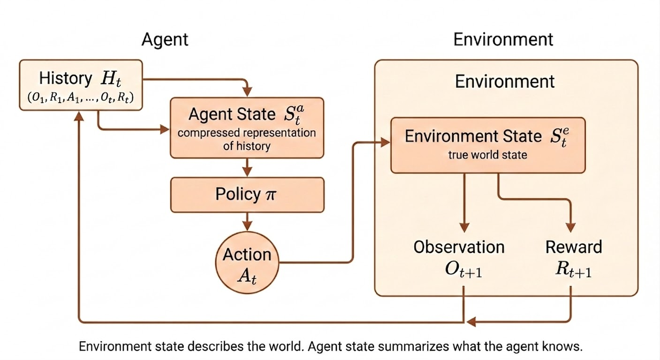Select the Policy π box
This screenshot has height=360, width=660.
point(247,195)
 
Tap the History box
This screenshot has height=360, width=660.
point(81,85)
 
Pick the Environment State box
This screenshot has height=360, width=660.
point(488,145)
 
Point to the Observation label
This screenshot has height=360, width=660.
point(459,247)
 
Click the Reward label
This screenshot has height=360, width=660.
point(573,247)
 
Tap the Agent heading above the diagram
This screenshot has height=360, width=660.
point(165,39)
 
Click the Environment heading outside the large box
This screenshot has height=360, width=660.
point(503,39)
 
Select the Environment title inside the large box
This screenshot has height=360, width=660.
point(505,82)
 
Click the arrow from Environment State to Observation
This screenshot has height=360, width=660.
point(464,202)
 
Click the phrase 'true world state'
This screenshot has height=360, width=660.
point(488,155)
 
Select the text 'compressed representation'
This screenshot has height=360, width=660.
point(247,133)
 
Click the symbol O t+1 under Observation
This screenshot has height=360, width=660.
point(464,270)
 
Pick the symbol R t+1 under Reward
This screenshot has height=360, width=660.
point(573,270)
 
